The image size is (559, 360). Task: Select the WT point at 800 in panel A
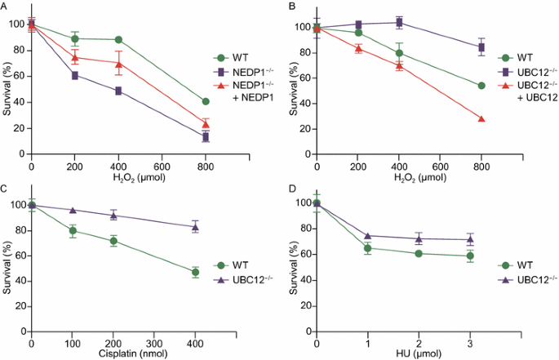coord(206,101)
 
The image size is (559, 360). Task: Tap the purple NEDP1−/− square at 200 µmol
coord(75,75)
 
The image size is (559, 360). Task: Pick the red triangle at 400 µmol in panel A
coord(119,64)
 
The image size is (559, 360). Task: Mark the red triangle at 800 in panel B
coord(481,118)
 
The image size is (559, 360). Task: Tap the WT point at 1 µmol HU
coord(368,248)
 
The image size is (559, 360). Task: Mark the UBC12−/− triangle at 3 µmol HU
coord(470,239)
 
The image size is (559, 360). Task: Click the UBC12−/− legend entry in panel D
coord(521,279)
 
